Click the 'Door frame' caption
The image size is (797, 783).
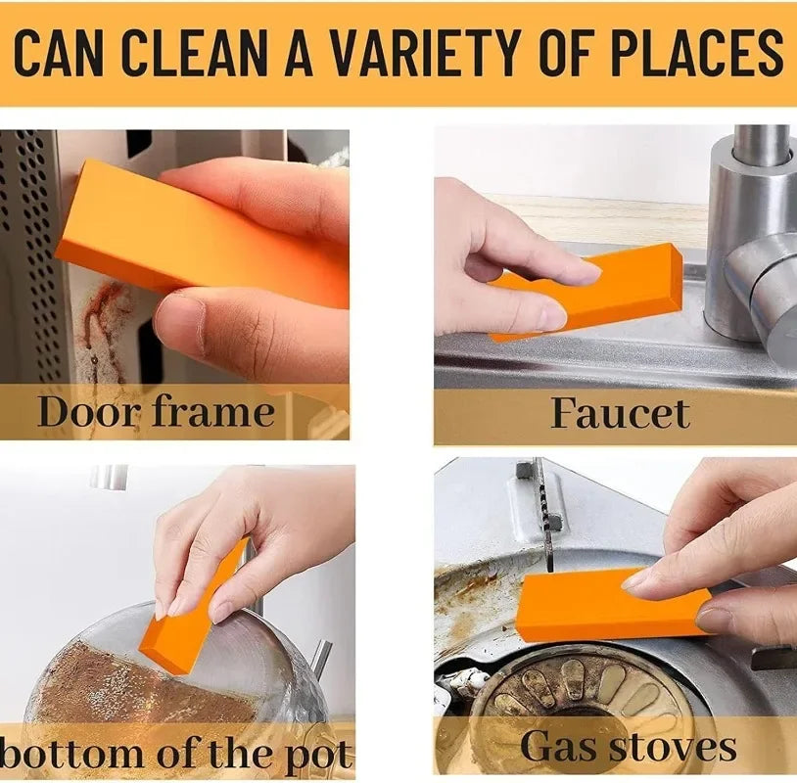point(156,412)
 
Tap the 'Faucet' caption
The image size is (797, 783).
point(620,413)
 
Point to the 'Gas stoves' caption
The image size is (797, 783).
point(628,747)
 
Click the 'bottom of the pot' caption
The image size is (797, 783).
point(176,755)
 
